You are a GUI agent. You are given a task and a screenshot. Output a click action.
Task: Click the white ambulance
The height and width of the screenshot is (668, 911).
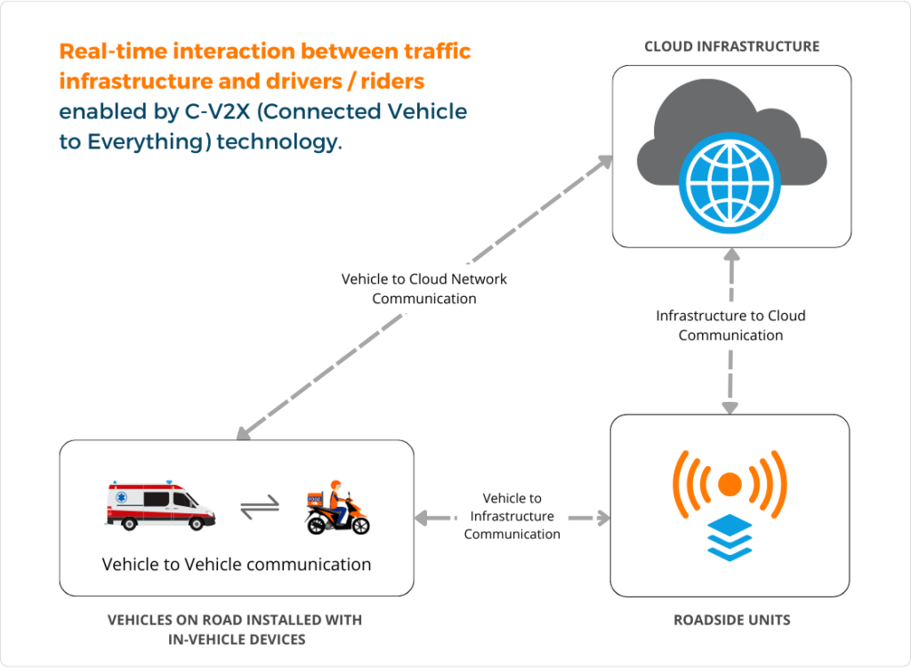(161, 504)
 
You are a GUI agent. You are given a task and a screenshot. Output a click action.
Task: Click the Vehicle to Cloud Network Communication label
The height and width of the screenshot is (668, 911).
(424, 288)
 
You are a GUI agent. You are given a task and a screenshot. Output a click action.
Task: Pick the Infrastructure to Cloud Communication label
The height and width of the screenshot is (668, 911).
(730, 326)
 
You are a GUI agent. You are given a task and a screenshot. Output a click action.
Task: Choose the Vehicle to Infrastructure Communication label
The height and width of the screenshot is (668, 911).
(512, 516)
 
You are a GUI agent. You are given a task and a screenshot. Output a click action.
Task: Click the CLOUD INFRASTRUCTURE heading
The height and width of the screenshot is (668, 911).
(731, 46)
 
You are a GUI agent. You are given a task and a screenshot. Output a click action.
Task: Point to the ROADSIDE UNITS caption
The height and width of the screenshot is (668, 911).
(731, 619)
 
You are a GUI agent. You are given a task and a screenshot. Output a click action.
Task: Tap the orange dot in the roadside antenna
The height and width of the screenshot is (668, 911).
(730, 484)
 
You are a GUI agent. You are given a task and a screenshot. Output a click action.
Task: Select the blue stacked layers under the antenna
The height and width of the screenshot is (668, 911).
(730, 537)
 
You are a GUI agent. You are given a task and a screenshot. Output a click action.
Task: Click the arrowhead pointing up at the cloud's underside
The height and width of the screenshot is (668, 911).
(730, 256)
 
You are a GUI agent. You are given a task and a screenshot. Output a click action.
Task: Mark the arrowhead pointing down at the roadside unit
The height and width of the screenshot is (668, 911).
(730, 407)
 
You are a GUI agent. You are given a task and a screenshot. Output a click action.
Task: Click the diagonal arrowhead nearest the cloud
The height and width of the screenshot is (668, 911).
(604, 161)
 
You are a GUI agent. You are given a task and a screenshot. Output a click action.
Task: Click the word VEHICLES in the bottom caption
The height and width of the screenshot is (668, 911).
(143, 619)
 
